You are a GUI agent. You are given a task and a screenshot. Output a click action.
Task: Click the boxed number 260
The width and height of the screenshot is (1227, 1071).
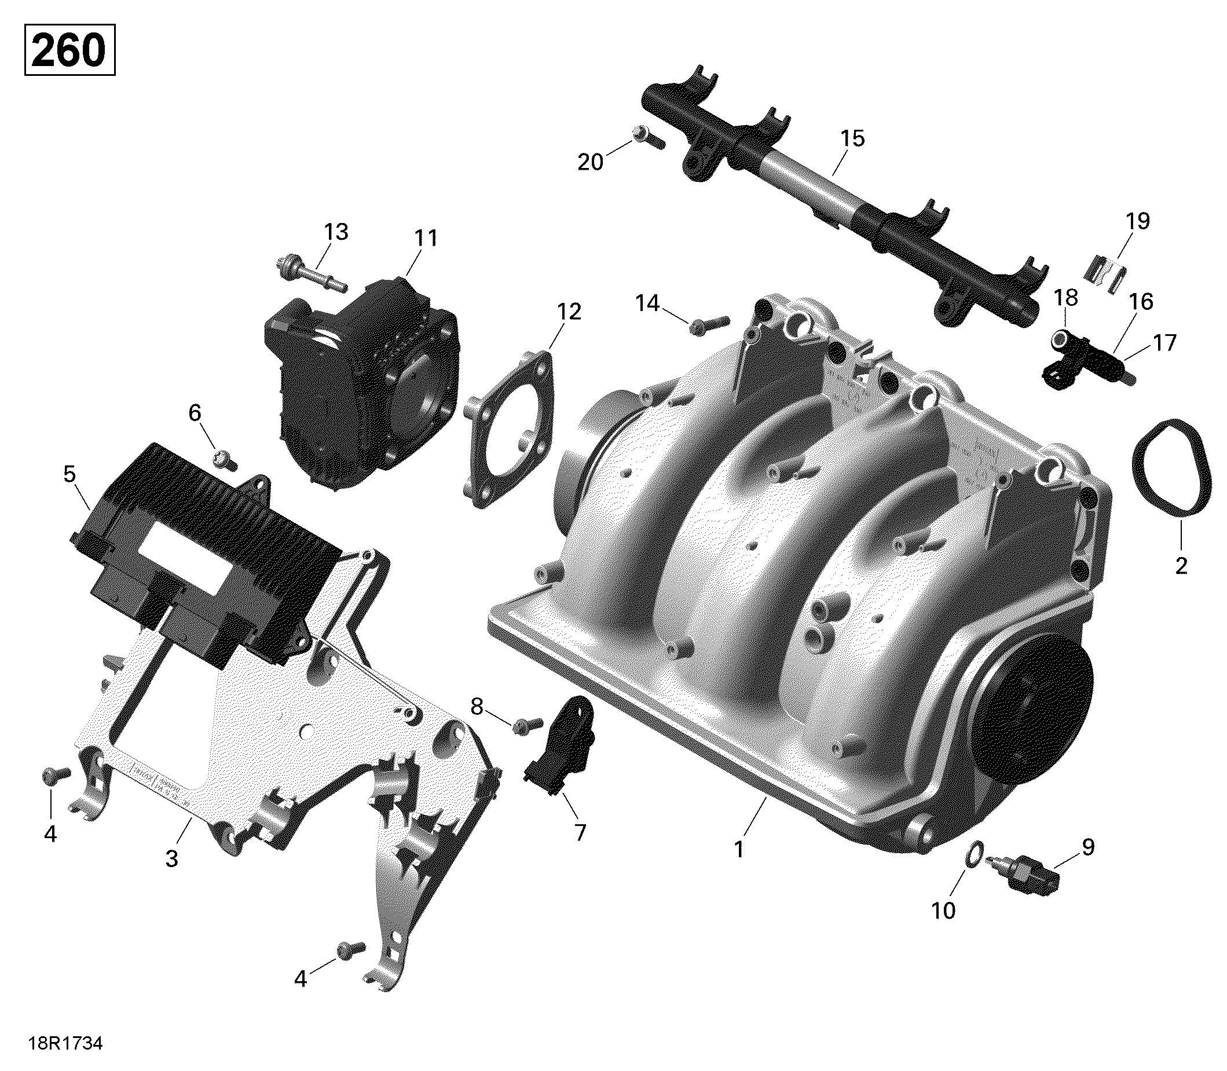69,50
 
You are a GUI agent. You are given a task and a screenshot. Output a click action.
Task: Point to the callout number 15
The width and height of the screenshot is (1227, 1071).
852,138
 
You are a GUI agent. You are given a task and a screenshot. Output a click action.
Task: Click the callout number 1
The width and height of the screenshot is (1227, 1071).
739,849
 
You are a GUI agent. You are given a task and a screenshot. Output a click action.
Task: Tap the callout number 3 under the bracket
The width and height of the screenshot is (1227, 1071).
171,860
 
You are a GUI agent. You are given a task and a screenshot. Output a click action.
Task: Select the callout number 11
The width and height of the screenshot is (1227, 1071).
426,239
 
